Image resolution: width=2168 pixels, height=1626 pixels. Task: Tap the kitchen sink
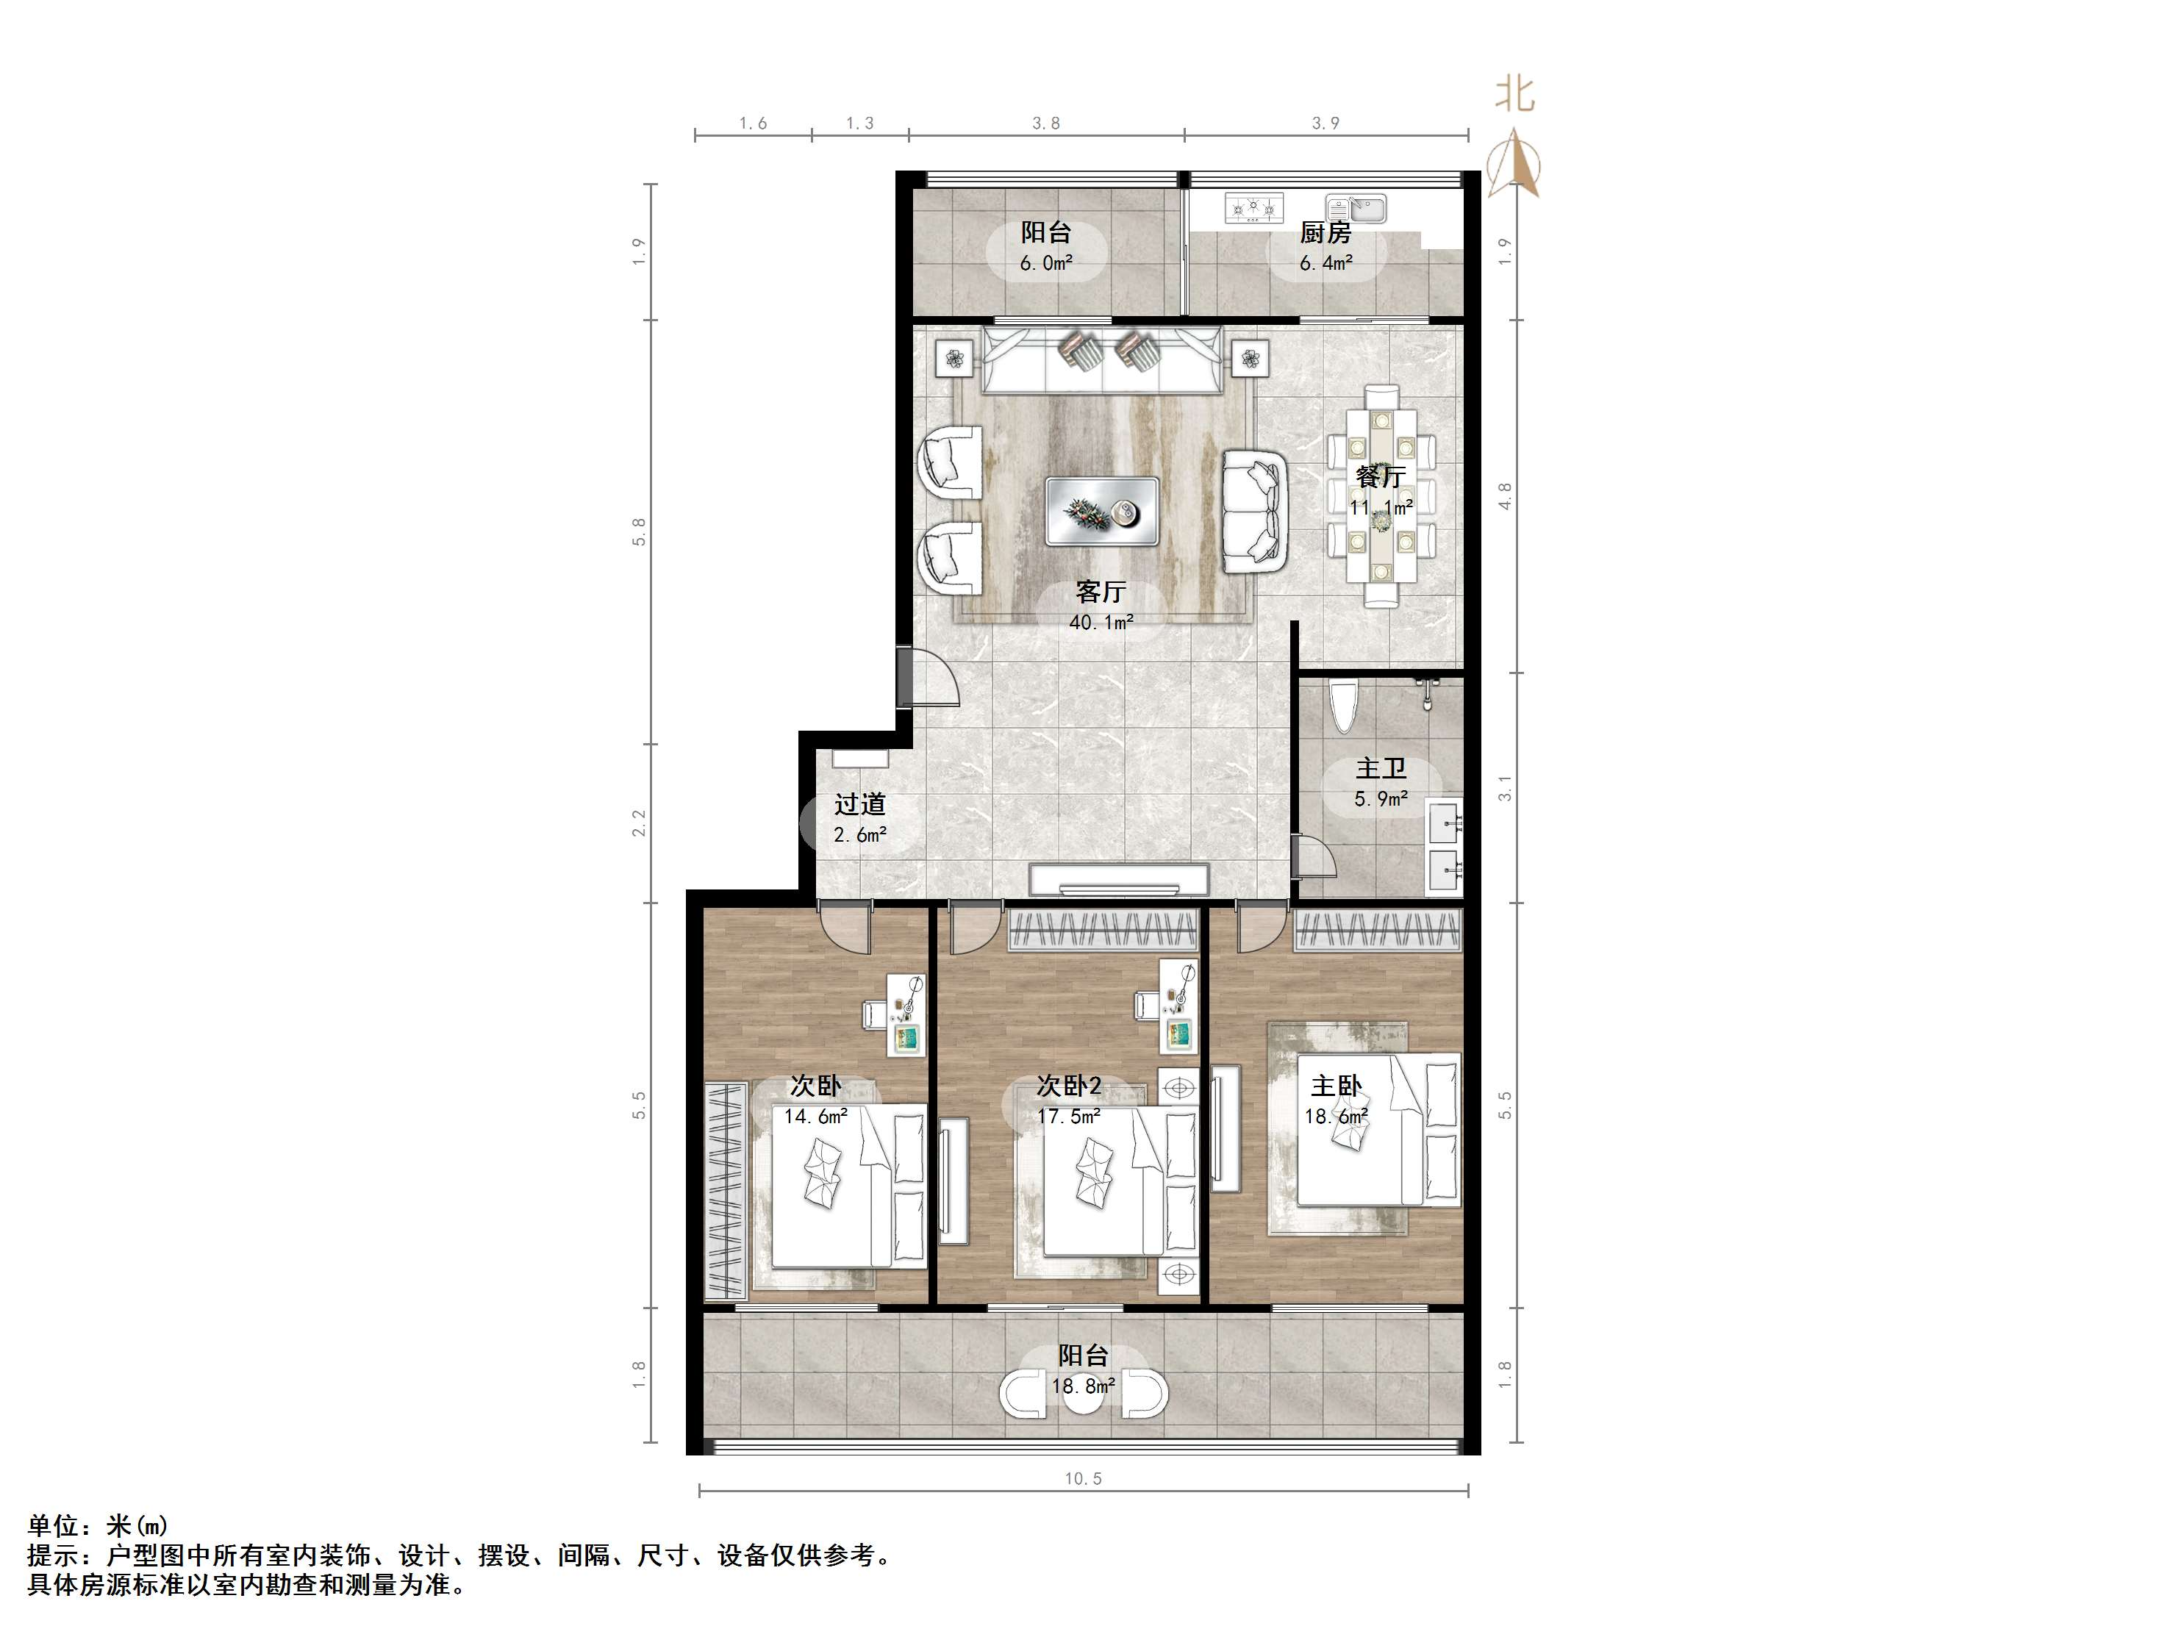point(1357,209)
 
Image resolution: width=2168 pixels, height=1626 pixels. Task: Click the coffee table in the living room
point(1101,511)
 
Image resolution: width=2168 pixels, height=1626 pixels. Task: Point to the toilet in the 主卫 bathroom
point(1342,706)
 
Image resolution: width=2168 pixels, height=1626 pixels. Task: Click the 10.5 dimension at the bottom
point(1083,1479)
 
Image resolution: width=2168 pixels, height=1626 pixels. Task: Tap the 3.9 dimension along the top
point(1325,123)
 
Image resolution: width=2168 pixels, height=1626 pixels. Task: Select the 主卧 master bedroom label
point(1336,1086)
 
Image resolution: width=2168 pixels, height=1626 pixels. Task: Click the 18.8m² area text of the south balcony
point(1083,1386)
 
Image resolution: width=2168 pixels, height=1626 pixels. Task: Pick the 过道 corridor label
point(859,805)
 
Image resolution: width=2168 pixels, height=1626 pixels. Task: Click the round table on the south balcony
point(1083,1394)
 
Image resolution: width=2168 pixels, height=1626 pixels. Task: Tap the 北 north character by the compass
point(1514,95)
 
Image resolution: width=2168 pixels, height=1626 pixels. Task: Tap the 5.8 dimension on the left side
point(639,531)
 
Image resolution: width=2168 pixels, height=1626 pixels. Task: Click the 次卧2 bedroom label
point(1068,1086)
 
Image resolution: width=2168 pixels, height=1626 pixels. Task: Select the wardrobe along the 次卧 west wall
point(726,1191)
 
